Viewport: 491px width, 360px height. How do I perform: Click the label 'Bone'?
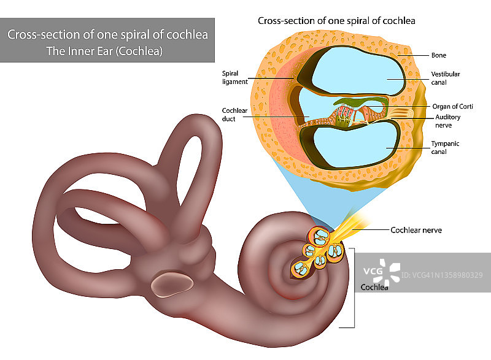click(439, 55)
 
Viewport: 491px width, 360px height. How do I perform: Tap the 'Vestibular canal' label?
click(446, 78)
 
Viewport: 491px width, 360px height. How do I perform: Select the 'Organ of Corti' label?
click(453, 106)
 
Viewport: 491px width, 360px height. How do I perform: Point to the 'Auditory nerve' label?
click(447, 121)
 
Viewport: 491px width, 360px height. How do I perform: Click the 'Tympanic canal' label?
click(445, 147)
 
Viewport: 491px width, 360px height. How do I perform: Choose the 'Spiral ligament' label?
click(235, 77)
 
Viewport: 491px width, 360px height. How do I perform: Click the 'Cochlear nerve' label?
click(416, 231)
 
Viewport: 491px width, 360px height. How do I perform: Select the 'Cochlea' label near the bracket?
click(374, 288)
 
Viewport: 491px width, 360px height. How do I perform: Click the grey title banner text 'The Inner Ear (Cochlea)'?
click(104, 51)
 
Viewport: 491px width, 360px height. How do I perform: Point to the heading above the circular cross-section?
click(336, 21)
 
